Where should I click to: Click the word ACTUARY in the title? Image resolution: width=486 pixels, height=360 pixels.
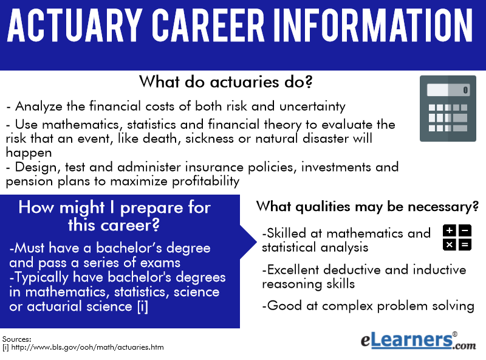coord(74,25)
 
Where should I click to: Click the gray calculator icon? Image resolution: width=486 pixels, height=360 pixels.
coord(448,108)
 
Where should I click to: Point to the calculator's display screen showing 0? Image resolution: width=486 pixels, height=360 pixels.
coord(448,90)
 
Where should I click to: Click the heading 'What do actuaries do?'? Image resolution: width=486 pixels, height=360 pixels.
coord(225,82)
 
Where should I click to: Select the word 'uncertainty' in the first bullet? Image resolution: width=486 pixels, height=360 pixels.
coord(312,106)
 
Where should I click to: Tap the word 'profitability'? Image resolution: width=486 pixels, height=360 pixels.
coord(205,181)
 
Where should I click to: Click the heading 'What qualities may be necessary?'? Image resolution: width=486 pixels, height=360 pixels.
coord(368,207)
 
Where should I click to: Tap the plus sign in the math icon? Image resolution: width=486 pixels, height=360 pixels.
coord(450,230)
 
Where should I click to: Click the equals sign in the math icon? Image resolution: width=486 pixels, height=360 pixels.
coord(465,245)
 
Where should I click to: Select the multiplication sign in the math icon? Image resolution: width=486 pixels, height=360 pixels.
coord(450,245)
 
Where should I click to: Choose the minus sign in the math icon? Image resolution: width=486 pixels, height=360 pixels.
coord(465,230)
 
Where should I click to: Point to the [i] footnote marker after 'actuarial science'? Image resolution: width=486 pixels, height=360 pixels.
coord(143,306)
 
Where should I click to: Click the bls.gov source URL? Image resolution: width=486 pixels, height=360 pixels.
coord(87,347)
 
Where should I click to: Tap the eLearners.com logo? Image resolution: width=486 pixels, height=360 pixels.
coord(418,341)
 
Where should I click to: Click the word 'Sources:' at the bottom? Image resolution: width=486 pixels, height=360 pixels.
coord(17,339)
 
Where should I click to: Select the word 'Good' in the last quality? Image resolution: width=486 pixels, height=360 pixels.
coord(284,306)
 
